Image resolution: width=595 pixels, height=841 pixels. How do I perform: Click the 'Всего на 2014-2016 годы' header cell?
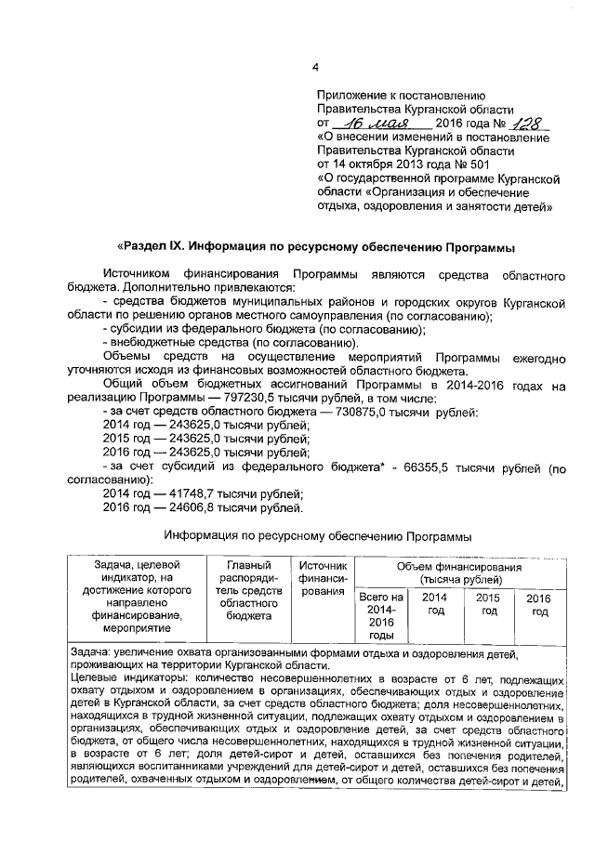381,615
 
